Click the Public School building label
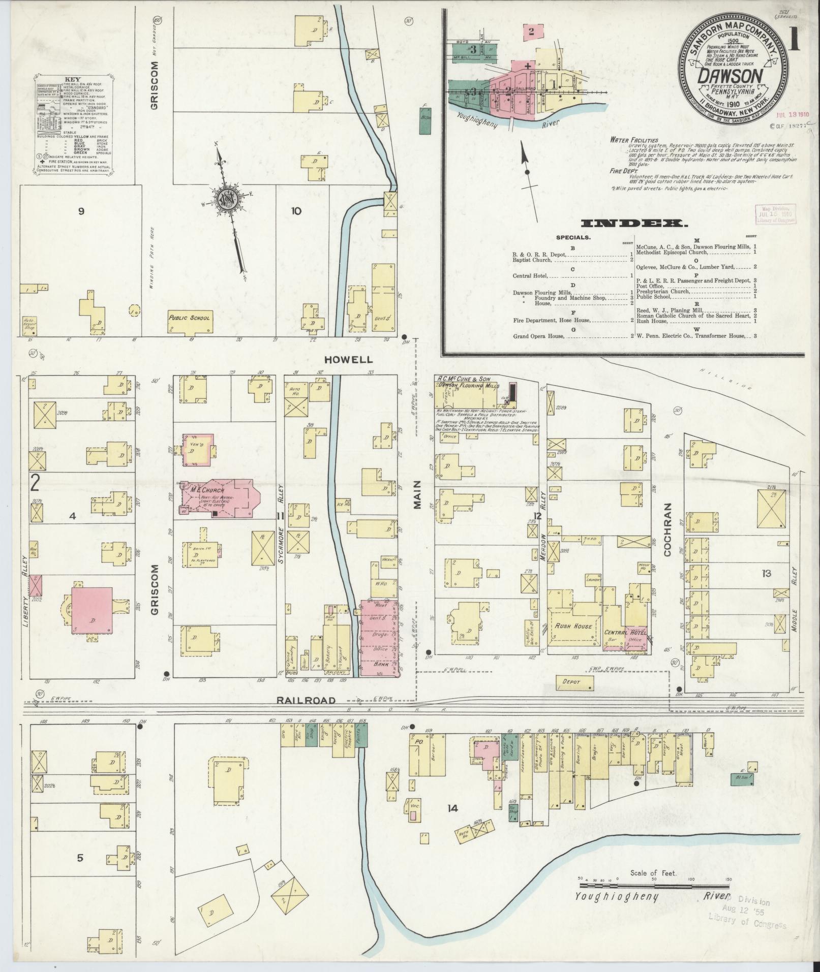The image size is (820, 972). (x=190, y=318)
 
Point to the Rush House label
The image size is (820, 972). (x=573, y=626)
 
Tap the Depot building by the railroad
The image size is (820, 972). (x=571, y=682)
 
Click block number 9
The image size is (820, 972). (x=81, y=211)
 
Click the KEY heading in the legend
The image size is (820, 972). (x=71, y=80)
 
